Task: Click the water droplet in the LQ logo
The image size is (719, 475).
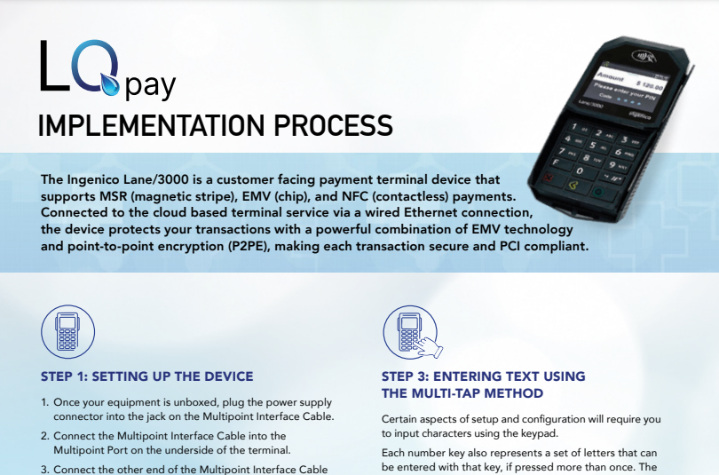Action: click(110, 84)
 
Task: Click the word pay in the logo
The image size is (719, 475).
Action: click(150, 86)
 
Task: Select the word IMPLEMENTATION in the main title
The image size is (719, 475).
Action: click(151, 125)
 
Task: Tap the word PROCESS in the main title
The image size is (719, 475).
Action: click(334, 125)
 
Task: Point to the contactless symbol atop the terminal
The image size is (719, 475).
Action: click(642, 57)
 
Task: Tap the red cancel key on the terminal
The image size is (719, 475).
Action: click(548, 178)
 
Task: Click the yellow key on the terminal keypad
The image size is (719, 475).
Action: click(573, 185)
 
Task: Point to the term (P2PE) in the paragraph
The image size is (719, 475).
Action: click(249, 247)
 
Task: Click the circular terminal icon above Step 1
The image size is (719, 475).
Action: click(67, 331)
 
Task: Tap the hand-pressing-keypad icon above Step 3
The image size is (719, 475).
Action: click(412, 332)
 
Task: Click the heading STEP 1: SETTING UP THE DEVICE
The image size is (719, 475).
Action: click(147, 376)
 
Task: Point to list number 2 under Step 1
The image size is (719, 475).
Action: click(45, 436)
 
